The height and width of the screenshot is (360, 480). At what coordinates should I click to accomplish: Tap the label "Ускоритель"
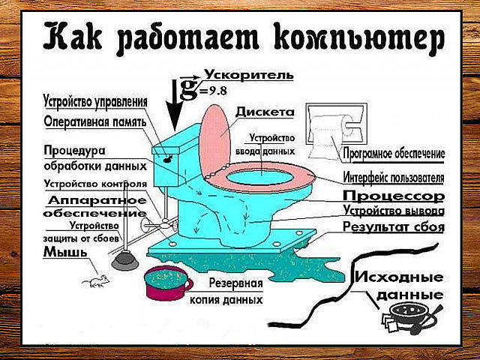click(242, 76)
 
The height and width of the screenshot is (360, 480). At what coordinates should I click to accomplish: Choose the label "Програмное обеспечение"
click(394, 154)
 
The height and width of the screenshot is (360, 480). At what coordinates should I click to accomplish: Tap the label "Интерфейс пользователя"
click(394, 178)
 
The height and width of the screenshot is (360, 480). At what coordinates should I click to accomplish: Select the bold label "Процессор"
click(394, 196)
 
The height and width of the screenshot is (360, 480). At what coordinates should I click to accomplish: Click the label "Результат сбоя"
click(394, 226)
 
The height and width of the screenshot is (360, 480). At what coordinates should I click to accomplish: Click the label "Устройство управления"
click(105, 100)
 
